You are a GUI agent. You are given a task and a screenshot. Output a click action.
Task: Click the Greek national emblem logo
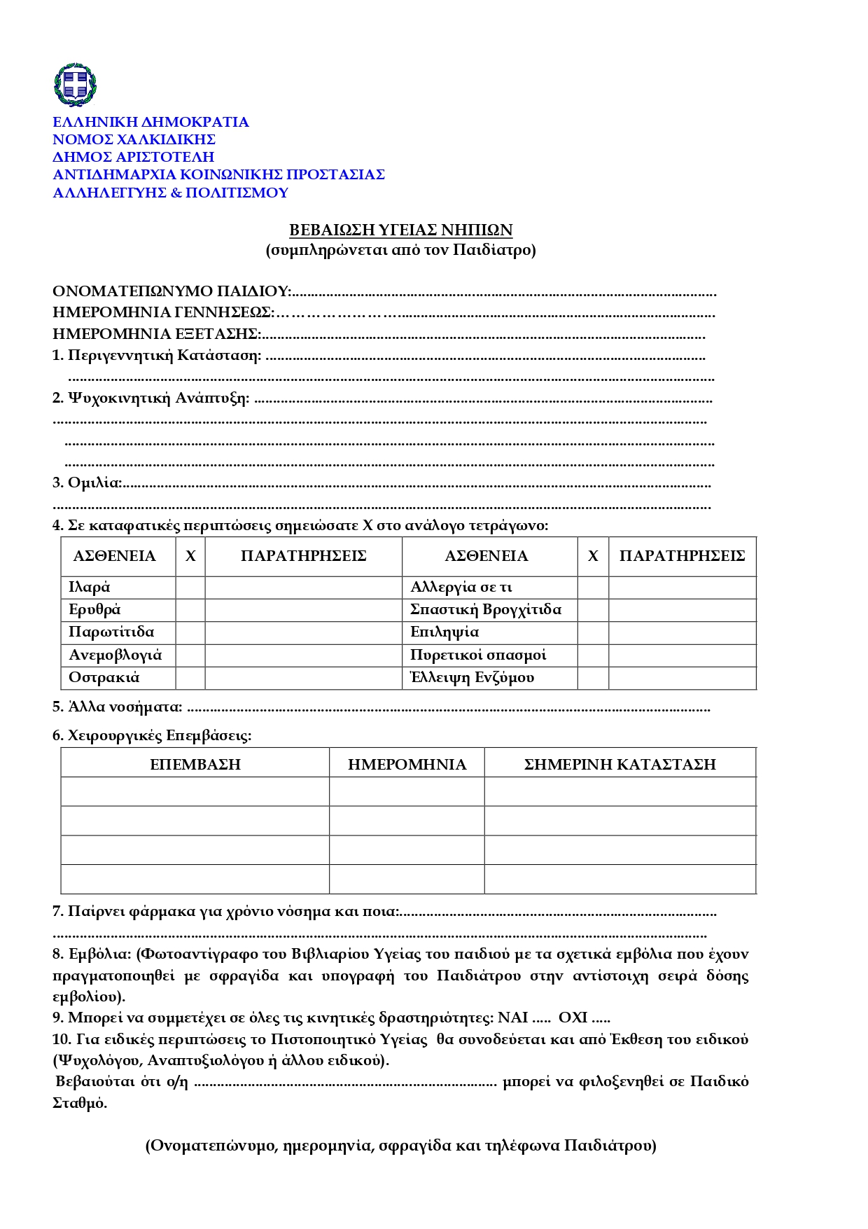pyautogui.click(x=75, y=85)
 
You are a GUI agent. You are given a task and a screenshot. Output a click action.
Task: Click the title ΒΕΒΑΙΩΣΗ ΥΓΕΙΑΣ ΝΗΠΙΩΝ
pyautogui.click(x=401, y=230)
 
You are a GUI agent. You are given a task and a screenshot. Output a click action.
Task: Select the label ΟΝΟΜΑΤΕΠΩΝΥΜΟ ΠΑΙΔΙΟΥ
pyautogui.click(x=171, y=291)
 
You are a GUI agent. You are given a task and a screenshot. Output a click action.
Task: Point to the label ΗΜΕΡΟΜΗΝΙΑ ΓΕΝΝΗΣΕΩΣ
pyautogui.click(x=162, y=312)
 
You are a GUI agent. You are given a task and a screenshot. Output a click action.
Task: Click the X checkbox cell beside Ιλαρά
pyautogui.click(x=190, y=588)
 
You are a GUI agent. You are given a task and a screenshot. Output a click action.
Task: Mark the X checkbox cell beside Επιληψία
pyautogui.click(x=593, y=632)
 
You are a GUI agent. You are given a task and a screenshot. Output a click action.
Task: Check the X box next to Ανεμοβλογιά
pyautogui.click(x=190, y=655)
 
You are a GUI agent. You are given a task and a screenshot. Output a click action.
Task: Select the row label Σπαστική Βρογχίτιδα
pyautogui.click(x=486, y=609)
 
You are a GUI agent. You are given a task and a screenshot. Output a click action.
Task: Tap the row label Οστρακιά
pyautogui.click(x=104, y=678)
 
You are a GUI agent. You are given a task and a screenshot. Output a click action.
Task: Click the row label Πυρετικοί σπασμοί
pyautogui.click(x=478, y=655)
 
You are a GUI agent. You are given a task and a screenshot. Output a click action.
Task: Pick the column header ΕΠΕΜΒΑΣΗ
pyautogui.click(x=195, y=764)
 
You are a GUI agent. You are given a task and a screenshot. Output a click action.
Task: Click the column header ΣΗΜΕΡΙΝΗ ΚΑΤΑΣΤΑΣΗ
pyautogui.click(x=619, y=764)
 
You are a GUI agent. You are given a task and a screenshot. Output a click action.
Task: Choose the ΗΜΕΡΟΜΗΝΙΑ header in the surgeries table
pyautogui.click(x=407, y=764)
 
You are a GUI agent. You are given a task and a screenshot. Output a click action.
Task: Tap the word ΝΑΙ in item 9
pyautogui.click(x=512, y=1018)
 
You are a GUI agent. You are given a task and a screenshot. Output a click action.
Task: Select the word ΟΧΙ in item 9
pyautogui.click(x=573, y=1018)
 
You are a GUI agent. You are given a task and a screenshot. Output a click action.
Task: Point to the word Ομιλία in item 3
pyautogui.click(x=94, y=482)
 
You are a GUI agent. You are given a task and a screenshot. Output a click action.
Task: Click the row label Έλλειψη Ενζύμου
pyautogui.click(x=472, y=678)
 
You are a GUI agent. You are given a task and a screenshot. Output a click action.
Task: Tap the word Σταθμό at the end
pyautogui.click(x=79, y=1103)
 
